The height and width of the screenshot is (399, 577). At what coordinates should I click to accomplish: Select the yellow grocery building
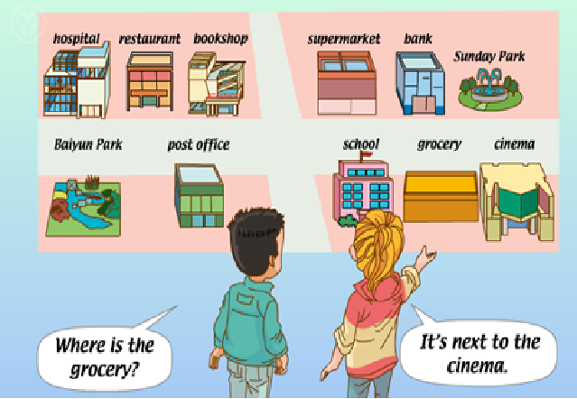tap(440, 195)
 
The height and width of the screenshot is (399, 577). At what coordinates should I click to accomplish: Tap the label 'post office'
tap(199, 144)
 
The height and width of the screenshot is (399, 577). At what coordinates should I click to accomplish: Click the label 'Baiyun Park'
tap(88, 144)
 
